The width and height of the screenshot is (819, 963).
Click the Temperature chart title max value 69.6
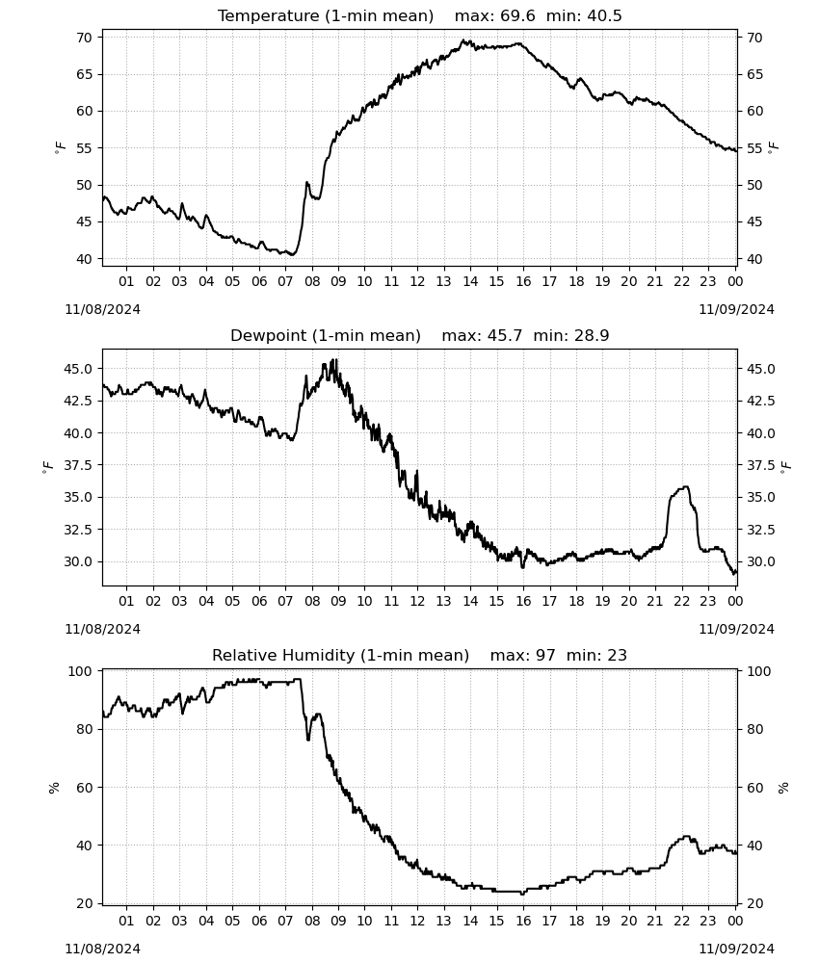coord(518,15)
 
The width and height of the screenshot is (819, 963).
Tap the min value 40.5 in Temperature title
coord(604,15)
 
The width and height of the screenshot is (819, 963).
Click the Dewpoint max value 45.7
coord(505,335)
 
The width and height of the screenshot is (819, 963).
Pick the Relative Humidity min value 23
coord(617,655)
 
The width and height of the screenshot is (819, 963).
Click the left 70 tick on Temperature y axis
coord(84,38)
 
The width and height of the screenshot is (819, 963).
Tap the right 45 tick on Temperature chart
coord(754,221)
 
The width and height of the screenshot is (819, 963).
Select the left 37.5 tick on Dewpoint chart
coord(79,465)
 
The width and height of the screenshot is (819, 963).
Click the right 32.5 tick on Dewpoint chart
coord(761,530)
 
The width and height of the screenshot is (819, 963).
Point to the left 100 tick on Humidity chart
coord(80,671)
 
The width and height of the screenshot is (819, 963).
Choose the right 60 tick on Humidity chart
coord(754,788)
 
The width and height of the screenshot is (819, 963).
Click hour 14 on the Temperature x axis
coord(470,281)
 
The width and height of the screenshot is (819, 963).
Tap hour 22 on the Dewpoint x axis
coord(681,601)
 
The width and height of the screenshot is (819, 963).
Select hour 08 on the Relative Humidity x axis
coord(311,921)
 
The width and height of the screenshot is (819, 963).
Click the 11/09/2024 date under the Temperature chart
coord(736,309)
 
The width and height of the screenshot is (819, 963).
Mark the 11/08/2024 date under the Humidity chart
coord(102,949)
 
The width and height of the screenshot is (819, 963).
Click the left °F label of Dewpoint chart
coord(48,468)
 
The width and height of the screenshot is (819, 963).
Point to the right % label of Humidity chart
coord(783,788)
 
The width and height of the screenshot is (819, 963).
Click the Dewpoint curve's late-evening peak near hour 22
coord(686,487)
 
